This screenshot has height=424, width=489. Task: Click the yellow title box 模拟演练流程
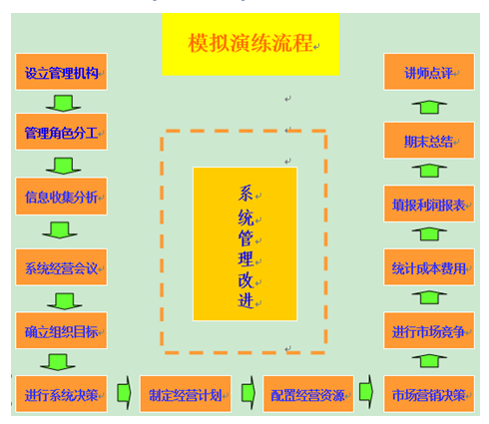[250, 44]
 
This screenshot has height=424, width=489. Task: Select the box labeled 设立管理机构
[62, 72]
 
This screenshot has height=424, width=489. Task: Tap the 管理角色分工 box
[62, 132]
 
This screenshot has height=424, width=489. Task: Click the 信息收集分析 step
[62, 197]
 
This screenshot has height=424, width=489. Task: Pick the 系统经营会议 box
[62, 267]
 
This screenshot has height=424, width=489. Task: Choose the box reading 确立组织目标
[62, 330]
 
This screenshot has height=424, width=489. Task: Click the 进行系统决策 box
[62, 394]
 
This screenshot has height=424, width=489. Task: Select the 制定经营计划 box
[186, 394]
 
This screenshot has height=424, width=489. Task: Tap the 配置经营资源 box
[308, 394]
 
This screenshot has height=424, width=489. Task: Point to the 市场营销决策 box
[429, 394]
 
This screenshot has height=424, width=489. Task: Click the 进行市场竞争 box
[429, 330]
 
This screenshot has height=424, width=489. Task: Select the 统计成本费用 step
[429, 267]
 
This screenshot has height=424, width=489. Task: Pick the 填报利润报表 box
[429, 204]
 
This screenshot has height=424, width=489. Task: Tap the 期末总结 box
[429, 141]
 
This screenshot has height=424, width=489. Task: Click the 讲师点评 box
[429, 72]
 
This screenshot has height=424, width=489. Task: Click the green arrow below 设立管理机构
[63, 103]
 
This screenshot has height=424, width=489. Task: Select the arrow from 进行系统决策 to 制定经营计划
[124, 393]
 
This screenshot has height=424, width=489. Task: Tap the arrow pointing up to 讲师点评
[429, 107]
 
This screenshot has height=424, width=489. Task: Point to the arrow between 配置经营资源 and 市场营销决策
[366, 392]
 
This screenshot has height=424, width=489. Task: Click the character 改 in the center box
[245, 280]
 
